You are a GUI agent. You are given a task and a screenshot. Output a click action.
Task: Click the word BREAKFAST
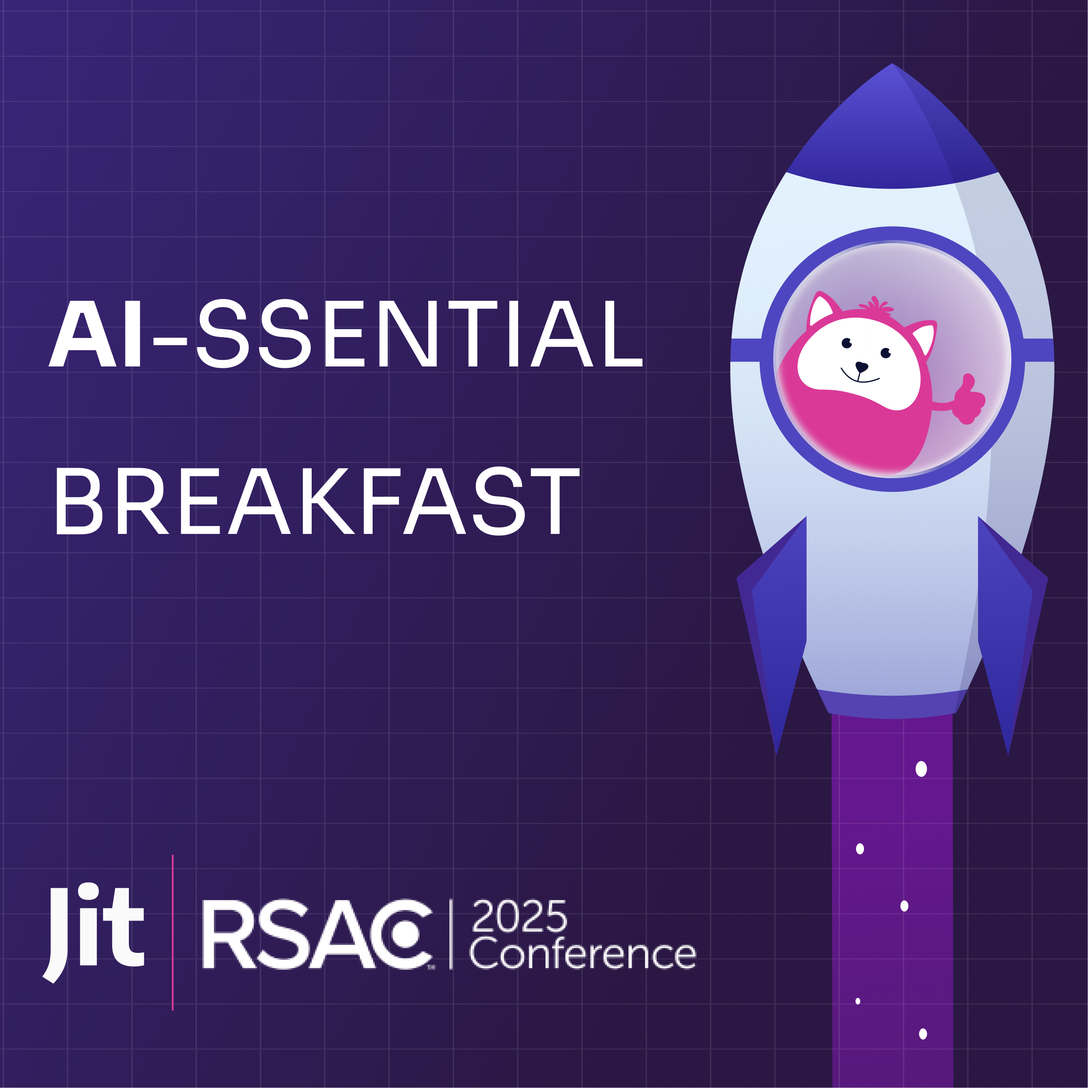point(317,501)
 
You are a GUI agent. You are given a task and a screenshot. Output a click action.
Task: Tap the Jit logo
point(93,934)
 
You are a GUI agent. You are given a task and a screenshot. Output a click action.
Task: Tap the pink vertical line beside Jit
point(172,932)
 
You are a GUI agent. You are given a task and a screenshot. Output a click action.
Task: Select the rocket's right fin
point(1012,631)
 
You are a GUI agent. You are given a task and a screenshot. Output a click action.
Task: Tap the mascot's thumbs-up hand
point(969,399)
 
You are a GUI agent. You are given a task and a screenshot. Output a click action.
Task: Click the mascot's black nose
point(862,366)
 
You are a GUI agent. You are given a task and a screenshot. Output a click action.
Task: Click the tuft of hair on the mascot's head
point(876,305)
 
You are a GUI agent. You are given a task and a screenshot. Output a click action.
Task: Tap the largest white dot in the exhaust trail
point(921,769)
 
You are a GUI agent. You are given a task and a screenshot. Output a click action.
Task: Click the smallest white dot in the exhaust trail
point(858,1001)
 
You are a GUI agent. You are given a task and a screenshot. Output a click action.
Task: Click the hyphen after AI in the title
point(170,341)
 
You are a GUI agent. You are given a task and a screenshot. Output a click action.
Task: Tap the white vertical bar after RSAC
point(451,934)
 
